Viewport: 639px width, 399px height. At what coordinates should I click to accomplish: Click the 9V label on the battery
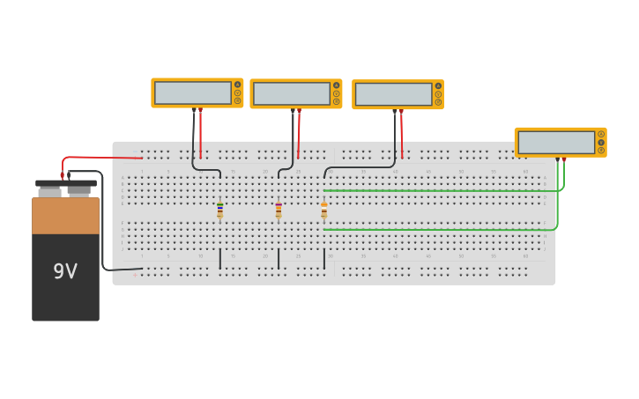[65, 271]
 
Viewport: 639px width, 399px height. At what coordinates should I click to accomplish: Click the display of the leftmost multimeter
[193, 92]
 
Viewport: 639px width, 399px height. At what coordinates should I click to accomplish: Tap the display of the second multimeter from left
[292, 93]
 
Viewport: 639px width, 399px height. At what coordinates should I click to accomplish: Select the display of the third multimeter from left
[393, 94]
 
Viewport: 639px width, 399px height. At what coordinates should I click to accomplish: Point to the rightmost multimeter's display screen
[556, 142]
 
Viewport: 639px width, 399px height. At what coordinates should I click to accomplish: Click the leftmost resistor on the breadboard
[220, 211]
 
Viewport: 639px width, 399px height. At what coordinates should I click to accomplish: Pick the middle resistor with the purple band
[279, 211]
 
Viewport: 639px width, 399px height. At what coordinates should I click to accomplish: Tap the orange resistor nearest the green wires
[324, 211]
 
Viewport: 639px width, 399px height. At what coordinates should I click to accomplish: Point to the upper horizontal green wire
[441, 190]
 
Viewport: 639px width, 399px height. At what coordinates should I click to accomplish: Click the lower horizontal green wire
[441, 230]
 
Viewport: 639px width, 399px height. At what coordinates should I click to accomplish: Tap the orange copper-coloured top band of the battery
[65, 216]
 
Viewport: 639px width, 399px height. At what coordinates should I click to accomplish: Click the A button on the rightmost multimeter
[601, 134]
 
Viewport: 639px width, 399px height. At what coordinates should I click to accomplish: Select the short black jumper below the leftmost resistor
[220, 259]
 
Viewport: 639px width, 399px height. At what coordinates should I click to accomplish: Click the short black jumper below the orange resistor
[324, 259]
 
